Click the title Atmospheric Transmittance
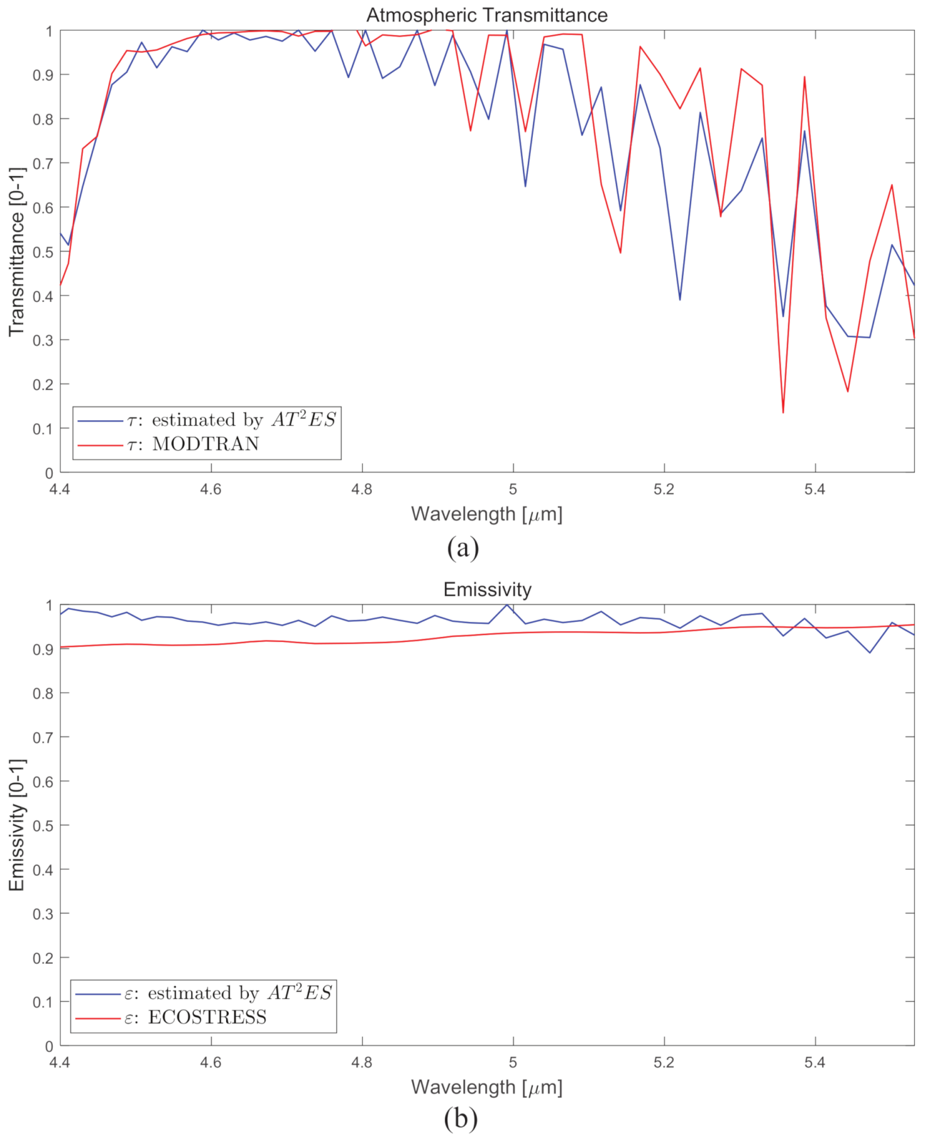click(486, 15)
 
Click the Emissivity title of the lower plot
click(487, 589)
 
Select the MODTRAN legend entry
click(205, 444)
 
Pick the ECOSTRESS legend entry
click(207, 1017)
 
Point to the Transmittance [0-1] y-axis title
click(16, 252)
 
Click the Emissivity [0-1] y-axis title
click(16, 825)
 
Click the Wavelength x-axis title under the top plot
click(486, 514)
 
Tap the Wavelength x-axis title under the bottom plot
click(486, 1087)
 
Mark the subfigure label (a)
click(463, 547)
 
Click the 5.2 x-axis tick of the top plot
click(664, 489)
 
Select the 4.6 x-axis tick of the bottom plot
click(211, 1063)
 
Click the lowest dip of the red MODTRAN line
click(783, 412)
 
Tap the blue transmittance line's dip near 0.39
click(680, 299)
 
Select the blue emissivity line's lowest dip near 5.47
click(870, 652)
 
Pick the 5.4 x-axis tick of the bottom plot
click(815, 1063)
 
